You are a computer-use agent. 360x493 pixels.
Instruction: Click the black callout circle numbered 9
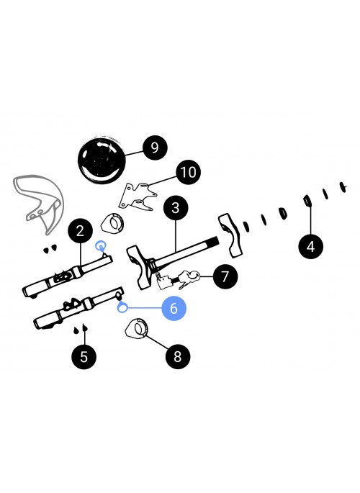(155, 148)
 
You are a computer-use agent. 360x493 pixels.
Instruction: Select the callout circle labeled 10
(189, 172)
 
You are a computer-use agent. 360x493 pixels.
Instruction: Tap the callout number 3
(176, 208)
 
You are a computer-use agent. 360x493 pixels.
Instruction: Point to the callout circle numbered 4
(310, 246)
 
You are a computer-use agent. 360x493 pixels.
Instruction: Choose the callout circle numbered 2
(81, 231)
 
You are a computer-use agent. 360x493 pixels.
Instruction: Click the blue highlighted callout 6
(174, 308)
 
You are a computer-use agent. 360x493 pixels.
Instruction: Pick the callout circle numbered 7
(225, 276)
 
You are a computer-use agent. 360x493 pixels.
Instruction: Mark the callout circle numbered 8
(178, 356)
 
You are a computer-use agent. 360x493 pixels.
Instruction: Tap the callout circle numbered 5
(84, 356)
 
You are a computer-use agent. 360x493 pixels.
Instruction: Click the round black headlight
(102, 160)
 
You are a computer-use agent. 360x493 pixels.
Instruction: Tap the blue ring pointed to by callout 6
(122, 307)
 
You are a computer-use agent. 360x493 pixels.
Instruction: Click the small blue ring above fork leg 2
(100, 245)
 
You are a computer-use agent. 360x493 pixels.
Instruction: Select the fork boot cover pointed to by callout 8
(137, 329)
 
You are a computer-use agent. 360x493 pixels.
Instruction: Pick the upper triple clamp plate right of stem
(231, 235)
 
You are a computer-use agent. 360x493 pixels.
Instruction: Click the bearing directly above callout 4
(307, 201)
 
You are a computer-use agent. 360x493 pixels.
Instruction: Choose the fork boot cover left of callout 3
(112, 223)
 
